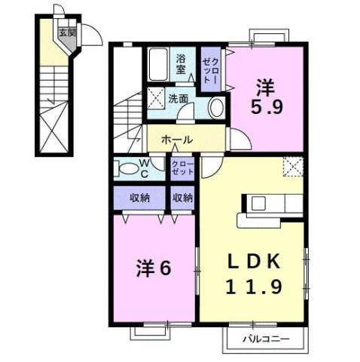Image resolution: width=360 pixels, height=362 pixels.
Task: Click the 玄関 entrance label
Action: click(66, 33)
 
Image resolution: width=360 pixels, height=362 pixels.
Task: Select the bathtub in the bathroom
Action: click(158, 66)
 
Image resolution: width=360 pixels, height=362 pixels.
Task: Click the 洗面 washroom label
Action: click(179, 98)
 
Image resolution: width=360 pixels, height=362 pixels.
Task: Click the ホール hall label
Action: click(177, 140)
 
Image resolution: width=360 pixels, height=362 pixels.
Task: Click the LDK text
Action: click(255, 261)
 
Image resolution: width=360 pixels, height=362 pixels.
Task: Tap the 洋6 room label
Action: click(152, 268)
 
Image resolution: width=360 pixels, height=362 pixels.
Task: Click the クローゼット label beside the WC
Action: click(182, 168)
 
